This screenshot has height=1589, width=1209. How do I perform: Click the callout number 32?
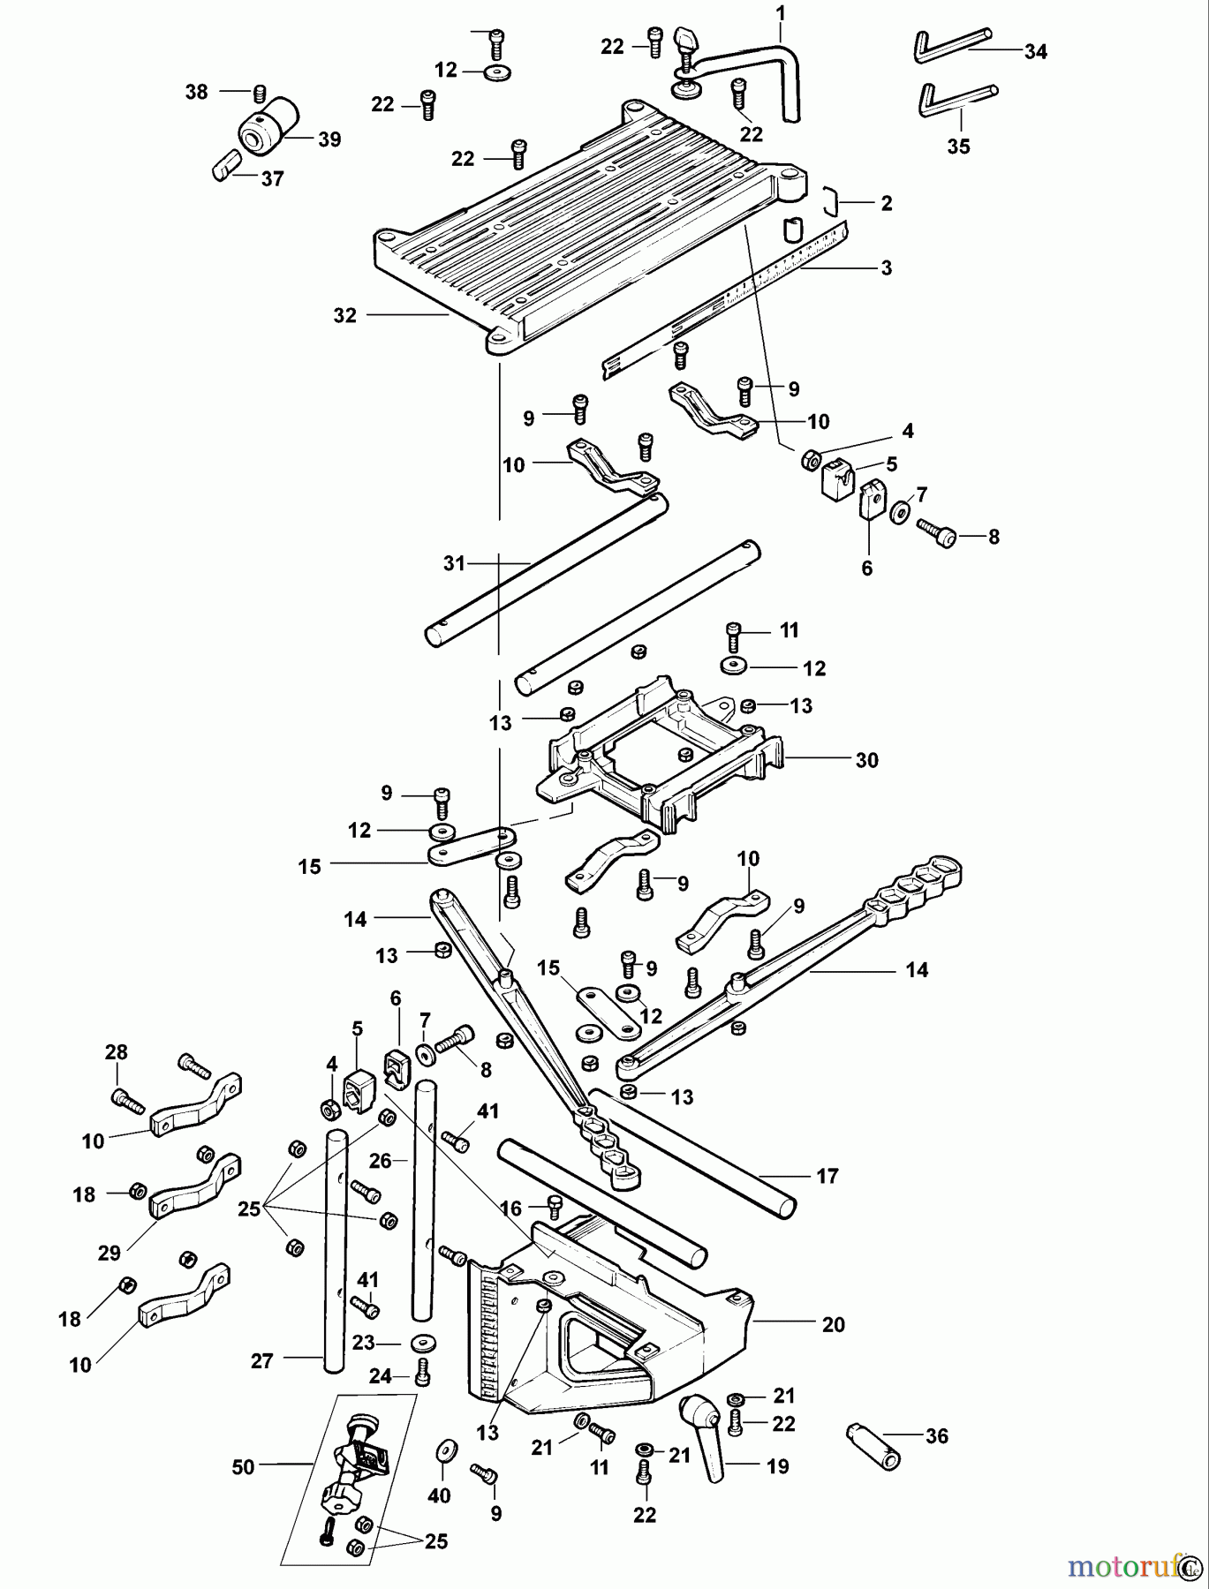click(344, 315)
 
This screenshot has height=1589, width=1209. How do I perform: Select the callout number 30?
click(866, 760)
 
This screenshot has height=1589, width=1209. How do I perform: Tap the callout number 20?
click(833, 1324)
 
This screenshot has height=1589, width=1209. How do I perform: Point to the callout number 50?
click(243, 1467)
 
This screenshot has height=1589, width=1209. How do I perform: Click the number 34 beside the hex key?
click(1035, 52)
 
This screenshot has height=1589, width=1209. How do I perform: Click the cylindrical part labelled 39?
click(268, 124)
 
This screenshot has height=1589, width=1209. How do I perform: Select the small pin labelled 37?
click(226, 165)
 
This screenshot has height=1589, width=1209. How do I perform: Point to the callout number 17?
click(827, 1176)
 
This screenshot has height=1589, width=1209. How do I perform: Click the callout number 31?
click(454, 563)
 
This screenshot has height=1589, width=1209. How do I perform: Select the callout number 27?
click(262, 1361)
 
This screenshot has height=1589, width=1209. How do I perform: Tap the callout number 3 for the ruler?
click(886, 268)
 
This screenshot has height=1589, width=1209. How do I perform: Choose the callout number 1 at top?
click(780, 14)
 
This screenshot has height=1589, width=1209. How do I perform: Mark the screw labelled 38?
click(259, 92)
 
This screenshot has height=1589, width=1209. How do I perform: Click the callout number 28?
click(117, 1052)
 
